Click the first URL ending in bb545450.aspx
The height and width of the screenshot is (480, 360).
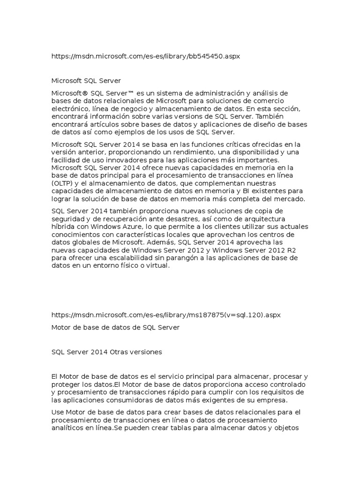(146, 56)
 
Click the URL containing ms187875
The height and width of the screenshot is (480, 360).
(165, 315)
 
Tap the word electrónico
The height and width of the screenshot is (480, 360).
(71, 109)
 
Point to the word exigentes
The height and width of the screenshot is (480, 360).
(231, 400)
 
